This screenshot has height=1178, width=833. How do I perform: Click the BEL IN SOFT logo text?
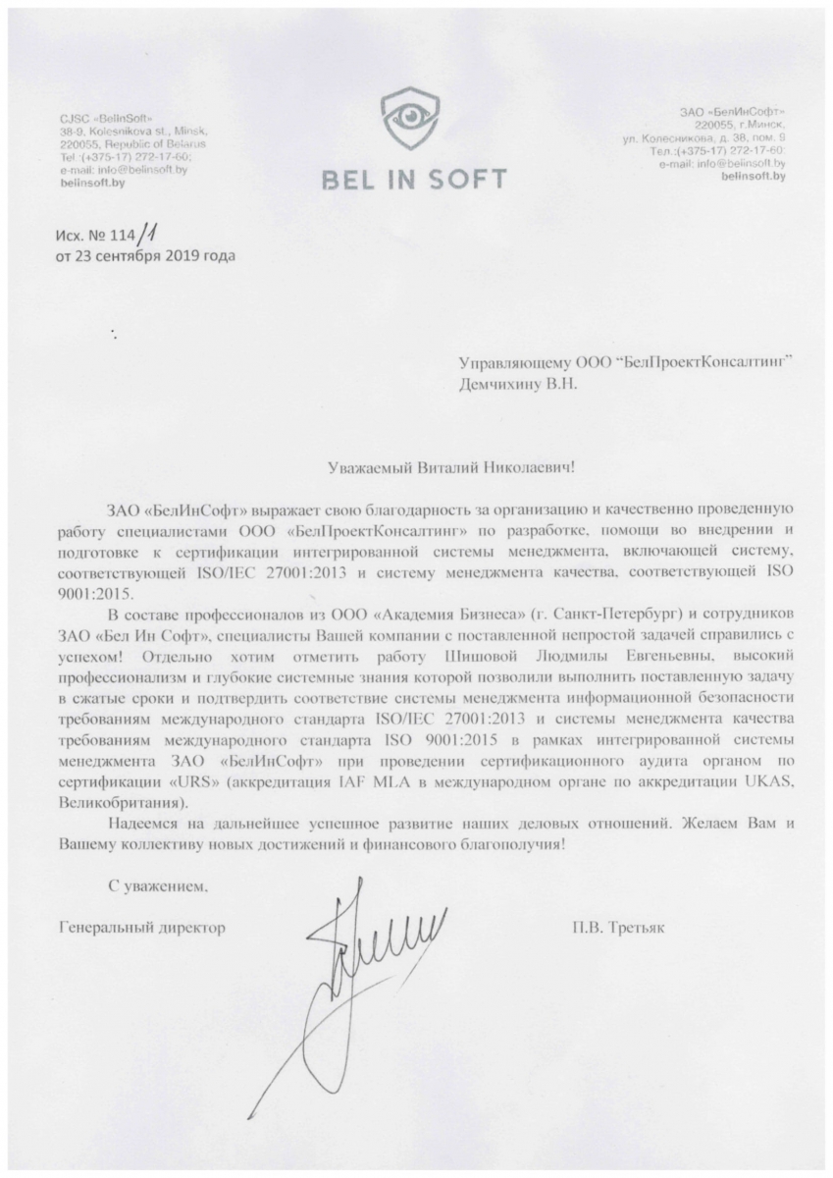pyautogui.click(x=416, y=179)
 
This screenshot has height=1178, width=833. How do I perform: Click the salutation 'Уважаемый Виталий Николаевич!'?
pyautogui.click(x=450, y=468)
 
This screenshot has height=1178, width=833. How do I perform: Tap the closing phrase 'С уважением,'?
pyautogui.click(x=159, y=886)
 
